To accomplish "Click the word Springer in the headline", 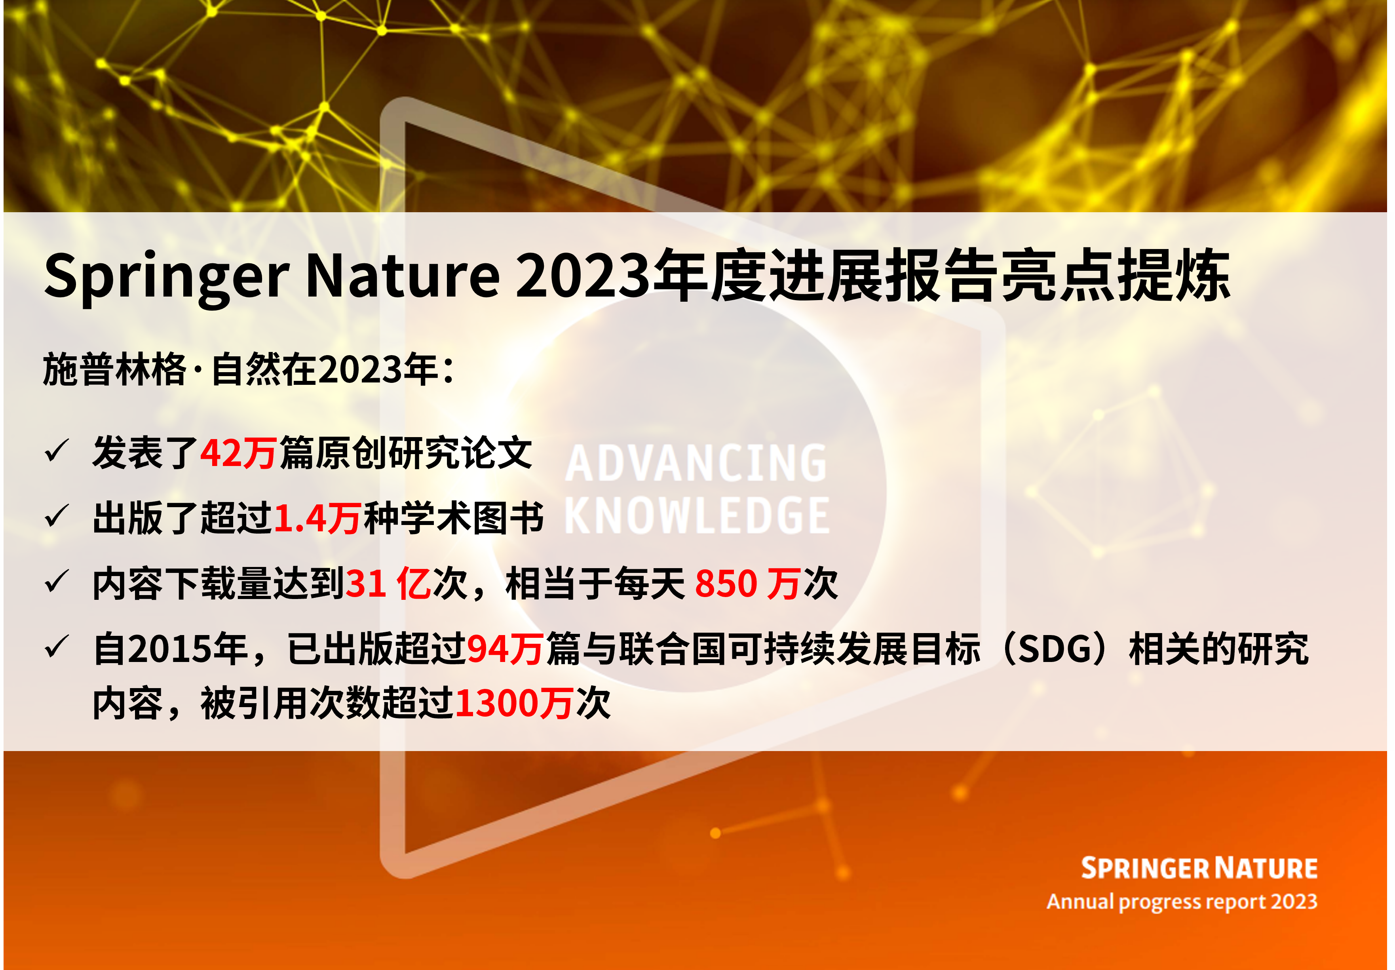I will (165, 276).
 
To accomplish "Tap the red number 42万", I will (238, 453).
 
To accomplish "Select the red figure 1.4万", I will (317, 518).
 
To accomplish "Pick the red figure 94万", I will (505, 649).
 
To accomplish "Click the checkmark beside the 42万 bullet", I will (57, 452).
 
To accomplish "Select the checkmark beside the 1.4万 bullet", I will (57, 517).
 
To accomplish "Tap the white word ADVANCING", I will (696, 463).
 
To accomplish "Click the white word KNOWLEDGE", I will (697, 516).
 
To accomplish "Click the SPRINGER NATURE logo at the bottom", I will (1199, 869).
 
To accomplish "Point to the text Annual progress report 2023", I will (1182, 902).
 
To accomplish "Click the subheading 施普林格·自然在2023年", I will (248, 369).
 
